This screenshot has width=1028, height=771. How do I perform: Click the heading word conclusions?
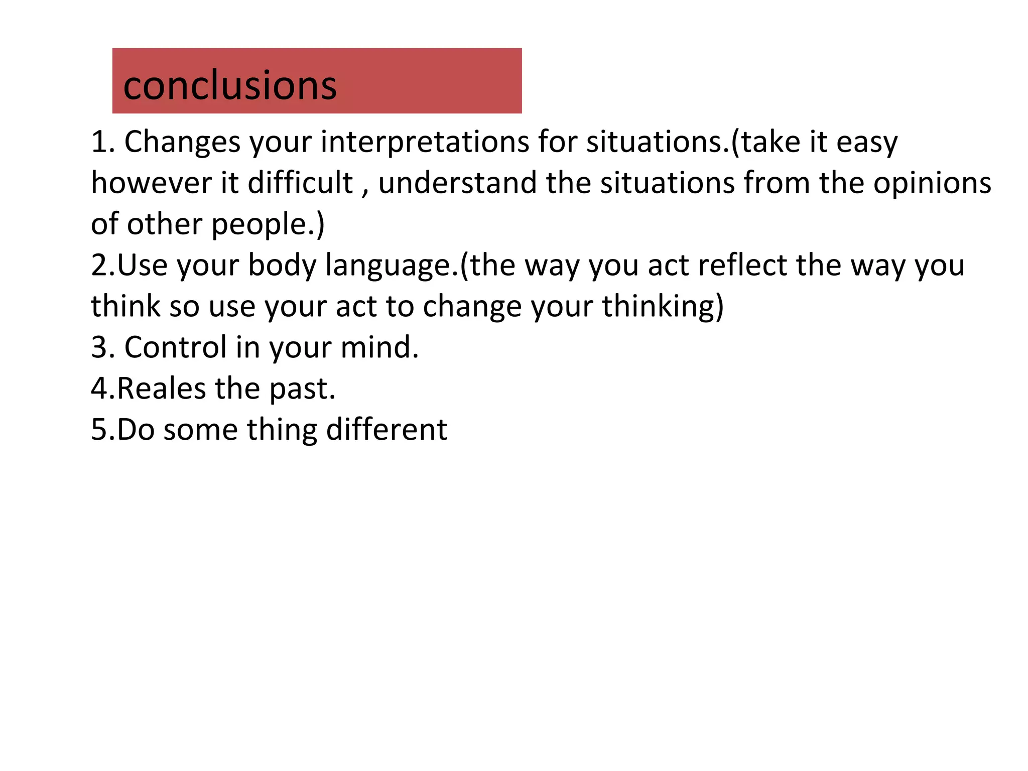click(x=229, y=85)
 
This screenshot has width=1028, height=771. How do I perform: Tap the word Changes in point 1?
click(x=182, y=142)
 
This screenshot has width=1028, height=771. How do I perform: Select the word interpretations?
click(x=425, y=142)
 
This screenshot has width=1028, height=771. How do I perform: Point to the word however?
click(x=151, y=183)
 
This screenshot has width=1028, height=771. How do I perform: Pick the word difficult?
click(x=300, y=183)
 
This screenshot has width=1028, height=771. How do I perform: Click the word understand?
click(x=457, y=183)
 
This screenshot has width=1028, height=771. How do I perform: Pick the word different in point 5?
click(x=386, y=430)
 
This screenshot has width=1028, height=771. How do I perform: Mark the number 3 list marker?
click(x=98, y=347)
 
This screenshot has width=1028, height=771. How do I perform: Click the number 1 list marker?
click(x=98, y=142)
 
